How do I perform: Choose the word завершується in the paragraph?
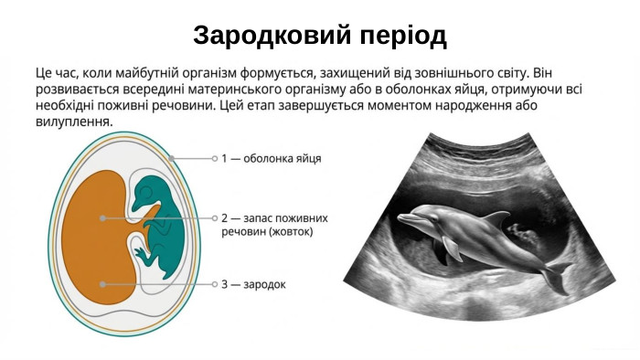310,105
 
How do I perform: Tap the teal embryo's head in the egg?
145,193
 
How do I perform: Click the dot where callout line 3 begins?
102,284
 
